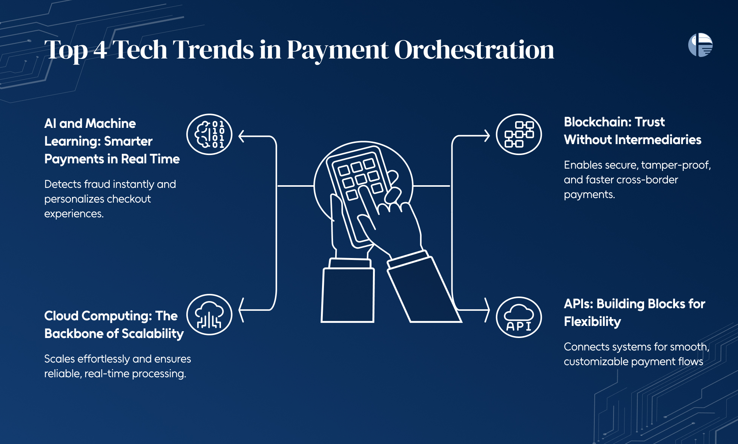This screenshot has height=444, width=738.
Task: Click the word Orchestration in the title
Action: [474, 50]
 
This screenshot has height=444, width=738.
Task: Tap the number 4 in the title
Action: [100, 50]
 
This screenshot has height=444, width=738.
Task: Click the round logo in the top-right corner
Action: [700, 45]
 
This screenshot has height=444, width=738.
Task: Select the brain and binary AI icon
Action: [209, 134]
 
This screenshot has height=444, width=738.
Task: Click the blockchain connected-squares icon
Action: [519, 134]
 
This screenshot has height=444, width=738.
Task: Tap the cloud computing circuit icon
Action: [209, 315]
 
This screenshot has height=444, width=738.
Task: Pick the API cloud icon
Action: [519, 317]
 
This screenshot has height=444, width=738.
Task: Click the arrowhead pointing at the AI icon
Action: [242, 136]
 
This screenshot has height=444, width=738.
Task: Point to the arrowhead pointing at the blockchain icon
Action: [487, 136]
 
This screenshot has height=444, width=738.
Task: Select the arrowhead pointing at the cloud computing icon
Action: [242, 310]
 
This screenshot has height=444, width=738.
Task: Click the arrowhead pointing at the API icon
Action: [487, 310]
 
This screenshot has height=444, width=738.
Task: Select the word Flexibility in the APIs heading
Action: [592, 322]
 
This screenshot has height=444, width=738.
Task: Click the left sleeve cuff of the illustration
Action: [350, 263]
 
